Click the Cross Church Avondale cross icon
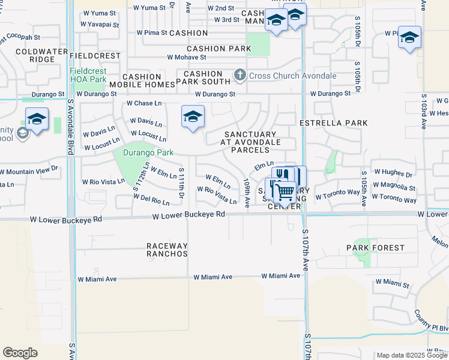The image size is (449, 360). click(x=240, y=76)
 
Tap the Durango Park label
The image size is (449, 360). click(x=148, y=153)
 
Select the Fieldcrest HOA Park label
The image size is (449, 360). click(x=88, y=75)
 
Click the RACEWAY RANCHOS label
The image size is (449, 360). click(x=167, y=250)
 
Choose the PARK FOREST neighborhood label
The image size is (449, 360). click(x=375, y=247)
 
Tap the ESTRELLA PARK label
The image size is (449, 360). click(x=333, y=123)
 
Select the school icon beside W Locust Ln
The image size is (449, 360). click(x=193, y=117)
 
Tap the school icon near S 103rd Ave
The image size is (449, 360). click(x=409, y=38)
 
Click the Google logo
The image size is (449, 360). click(x=20, y=353)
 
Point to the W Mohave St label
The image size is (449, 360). click(x=187, y=58)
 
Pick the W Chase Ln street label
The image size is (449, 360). click(x=144, y=103)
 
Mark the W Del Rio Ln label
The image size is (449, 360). click(x=151, y=200)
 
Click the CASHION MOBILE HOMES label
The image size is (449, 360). click(x=142, y=81)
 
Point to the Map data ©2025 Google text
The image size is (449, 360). click(x=412, y=355)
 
